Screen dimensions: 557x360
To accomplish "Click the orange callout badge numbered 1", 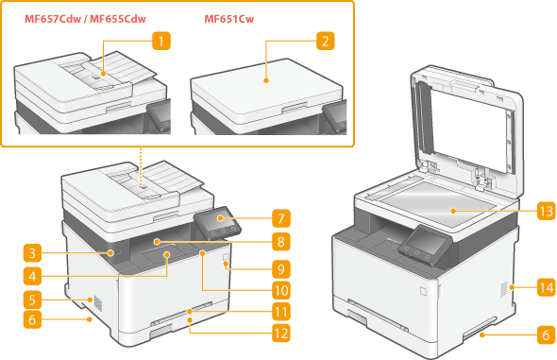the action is click(x=161, y=41).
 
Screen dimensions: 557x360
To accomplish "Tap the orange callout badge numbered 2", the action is click(x=326, y=41).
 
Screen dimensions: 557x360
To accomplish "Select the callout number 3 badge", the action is click(x=32, y=253).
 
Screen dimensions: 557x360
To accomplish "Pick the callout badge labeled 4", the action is click(x=32, y=276).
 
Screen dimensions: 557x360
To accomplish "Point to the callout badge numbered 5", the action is click(x=32, y=300).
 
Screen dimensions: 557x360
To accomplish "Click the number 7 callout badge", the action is click(x=281, y=218).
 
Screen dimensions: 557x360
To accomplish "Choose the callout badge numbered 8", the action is click(x=281, y=242).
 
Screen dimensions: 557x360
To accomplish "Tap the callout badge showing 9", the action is click(x=281, y=269).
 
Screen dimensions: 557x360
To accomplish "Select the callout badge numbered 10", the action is click(x=281, y=291).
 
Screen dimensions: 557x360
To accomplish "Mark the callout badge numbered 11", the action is click(x=281, y=312).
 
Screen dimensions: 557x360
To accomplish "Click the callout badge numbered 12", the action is click(x=281, y=334).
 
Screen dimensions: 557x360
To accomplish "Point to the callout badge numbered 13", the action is click(x=547, y=212).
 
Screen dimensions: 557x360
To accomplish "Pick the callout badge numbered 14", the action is click(x=547, y=287).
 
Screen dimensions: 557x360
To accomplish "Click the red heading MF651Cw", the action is click(x=229, y=19).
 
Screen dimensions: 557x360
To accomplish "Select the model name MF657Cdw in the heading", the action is click(x=53, y=19).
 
